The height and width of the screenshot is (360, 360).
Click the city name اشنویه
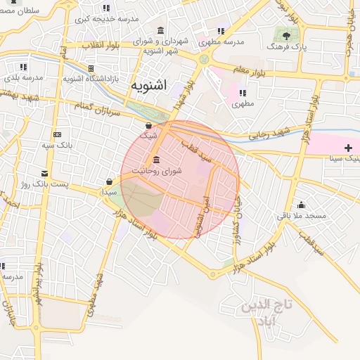click(x=148, y=86)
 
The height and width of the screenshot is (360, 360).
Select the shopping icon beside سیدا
click(x=108, y=181)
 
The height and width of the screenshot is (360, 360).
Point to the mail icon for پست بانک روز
click(x=45, y=173)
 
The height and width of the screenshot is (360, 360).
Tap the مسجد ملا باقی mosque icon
click(x=301, y=205)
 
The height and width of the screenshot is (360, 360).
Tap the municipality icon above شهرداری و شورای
click(x=162, y=30)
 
